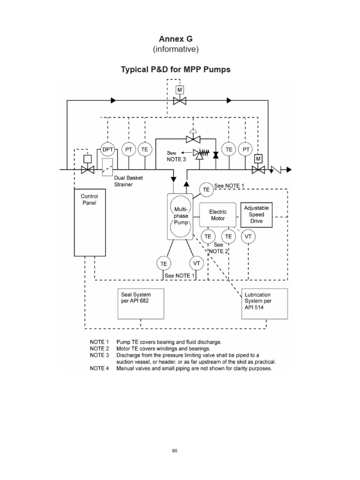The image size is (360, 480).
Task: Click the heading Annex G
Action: (x=175, y=39)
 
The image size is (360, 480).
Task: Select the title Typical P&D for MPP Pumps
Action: (x=175, y=70)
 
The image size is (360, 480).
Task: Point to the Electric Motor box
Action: (x=217, y=215)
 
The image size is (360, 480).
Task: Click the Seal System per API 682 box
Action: (x=140, y=304)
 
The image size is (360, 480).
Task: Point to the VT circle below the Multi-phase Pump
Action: (x=196, y=263)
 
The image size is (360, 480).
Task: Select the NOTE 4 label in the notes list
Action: (x=99, y=368)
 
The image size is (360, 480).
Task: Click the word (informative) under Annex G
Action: (x=175, y=49)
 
